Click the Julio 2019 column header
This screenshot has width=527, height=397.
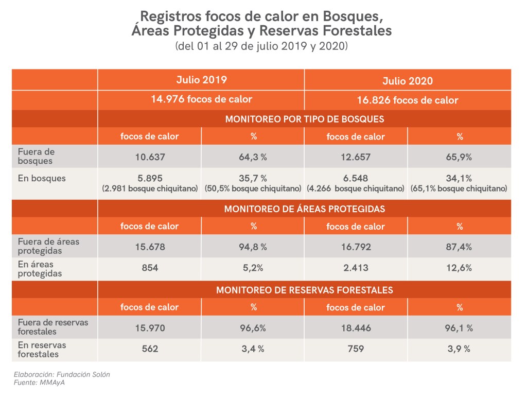tap(201, 80)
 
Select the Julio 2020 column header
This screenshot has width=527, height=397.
tap(408, 81)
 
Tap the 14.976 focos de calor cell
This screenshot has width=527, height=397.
tap(201, 99)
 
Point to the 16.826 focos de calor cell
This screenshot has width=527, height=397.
tap(408, 100)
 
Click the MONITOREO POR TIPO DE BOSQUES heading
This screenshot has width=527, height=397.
tap(305, 119)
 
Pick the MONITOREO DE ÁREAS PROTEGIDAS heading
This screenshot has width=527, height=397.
tap(305, 209)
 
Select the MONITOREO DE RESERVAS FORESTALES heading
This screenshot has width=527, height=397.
tap(305, 290)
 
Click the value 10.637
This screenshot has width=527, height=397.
tap(150, 156)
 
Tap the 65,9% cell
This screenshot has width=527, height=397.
tap(459, 156)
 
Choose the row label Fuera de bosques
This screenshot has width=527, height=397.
tap(36, 156)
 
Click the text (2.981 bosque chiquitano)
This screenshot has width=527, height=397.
tap(150, 188)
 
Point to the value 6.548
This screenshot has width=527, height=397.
tap(356, 178)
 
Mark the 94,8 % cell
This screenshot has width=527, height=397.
tap(253, 247)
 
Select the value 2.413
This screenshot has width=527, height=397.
tap(356, 268)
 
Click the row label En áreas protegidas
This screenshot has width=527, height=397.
tap(40, 269)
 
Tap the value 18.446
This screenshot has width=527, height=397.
tap(356, 327)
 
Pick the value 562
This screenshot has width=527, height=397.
tap(150, 349)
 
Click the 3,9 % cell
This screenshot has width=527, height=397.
tap(459, 349)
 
